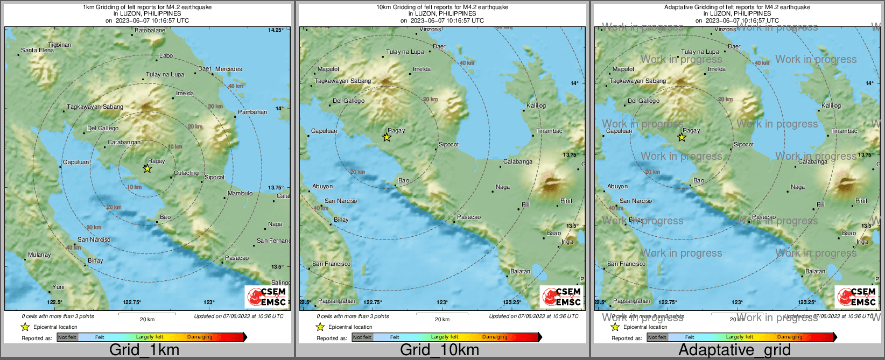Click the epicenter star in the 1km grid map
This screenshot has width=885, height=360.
pos(147,168)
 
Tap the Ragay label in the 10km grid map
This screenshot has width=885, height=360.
pos(396,130)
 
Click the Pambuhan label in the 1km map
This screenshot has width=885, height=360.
pos(252,112)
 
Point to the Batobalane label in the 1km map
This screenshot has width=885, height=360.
pos(150,30)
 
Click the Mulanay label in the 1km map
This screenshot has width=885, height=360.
pos(39,255)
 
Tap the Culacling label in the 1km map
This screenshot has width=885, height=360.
pos(186,173)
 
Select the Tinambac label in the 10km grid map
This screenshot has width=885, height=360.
pos(549,131)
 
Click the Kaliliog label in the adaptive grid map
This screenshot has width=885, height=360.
pos(831,105)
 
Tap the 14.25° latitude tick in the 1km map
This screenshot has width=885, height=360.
pos(276,30)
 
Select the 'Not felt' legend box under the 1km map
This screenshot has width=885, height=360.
pos(67,337)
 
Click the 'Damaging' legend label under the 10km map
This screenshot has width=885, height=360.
pos(494,337)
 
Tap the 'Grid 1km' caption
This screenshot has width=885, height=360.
pos(144,350)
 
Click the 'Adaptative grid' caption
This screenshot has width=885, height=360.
pos(734,350)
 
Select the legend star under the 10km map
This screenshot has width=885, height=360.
pos(320,327)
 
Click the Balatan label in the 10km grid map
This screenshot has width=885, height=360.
pos(520,271)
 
